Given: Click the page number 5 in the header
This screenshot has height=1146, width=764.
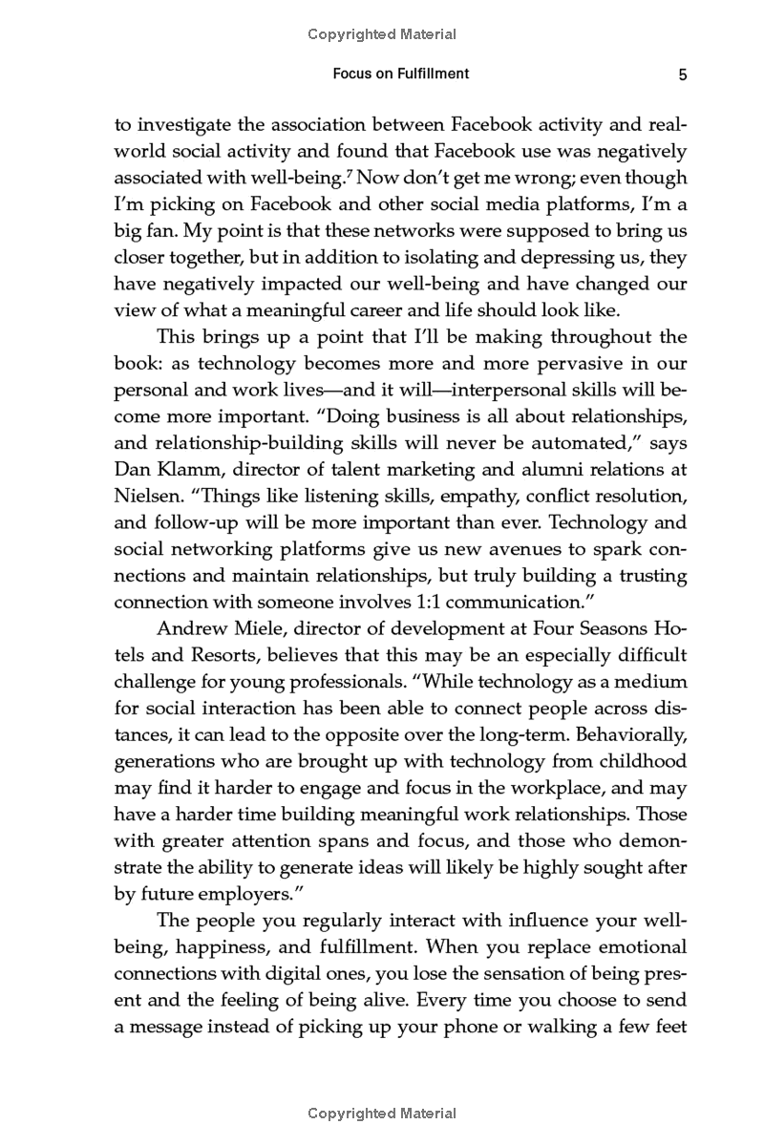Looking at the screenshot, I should coord(682,75).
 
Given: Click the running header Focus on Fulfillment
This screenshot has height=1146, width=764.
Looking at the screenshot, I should coord(400,74).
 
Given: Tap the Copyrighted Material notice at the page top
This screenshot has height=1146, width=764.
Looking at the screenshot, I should coord(382,34).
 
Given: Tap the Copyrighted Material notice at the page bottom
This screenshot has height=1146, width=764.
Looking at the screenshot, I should coord(382,1114).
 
